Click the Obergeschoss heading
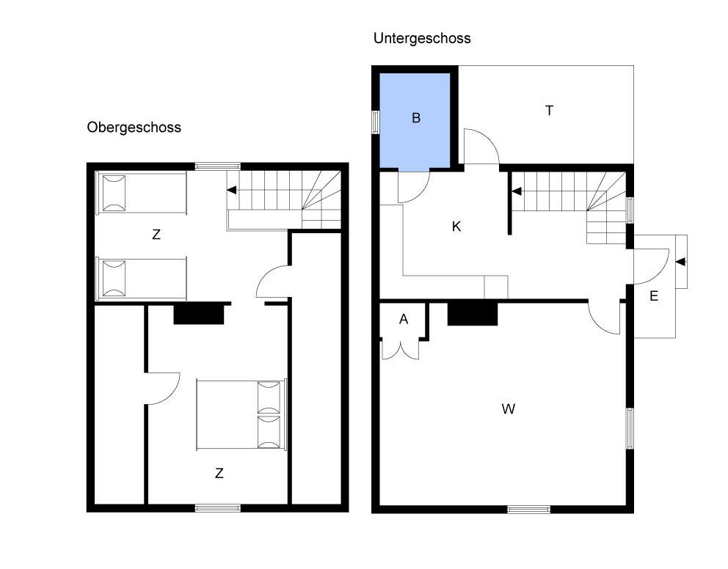[x=134, y=127]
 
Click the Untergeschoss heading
[x=422, y=38]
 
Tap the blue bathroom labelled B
[x=415, y=120]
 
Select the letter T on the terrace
[x=549, y=111]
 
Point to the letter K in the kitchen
[x=456, y=227]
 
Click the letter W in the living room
[x=509, y=408]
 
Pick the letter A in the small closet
[x=404, y=319]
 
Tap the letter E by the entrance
[x=654, y=295]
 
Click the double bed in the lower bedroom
[x=241, y=414]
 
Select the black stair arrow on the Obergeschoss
[x=231, y=190]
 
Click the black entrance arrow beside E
[x=680, y=262]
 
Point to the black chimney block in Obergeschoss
[x=199, y=313]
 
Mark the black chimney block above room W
[x=473, y=314]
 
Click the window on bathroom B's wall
[x=376, y=122]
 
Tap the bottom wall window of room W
[x=529, y=509]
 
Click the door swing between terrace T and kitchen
[x=481, y=147]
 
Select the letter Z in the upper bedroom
[x=156, y=235]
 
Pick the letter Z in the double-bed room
[x=219, y=473]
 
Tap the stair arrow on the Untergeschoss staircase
[x=516, y=191]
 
